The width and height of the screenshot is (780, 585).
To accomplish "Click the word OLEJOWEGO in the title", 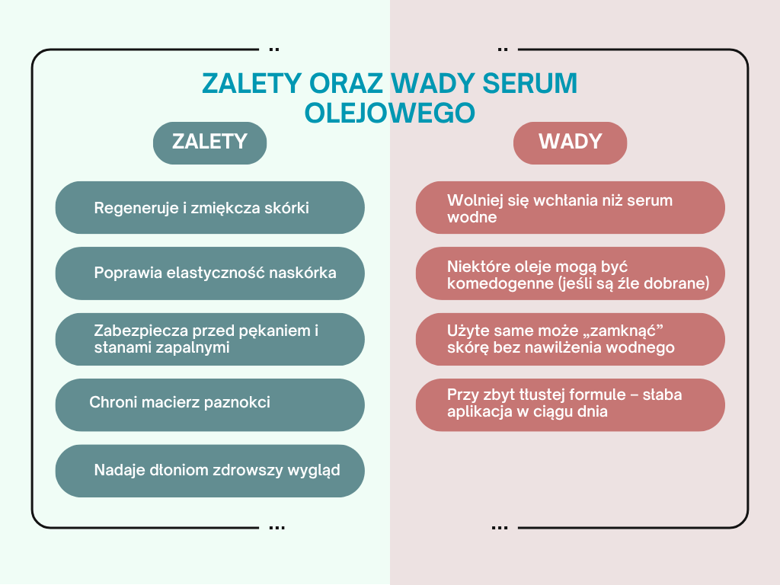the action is (389, 113).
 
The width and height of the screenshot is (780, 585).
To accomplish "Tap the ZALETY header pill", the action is (210, 142).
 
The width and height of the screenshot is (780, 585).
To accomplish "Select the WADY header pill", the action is (570, 142).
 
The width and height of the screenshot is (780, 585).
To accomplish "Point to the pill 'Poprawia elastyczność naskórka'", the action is (210, 273).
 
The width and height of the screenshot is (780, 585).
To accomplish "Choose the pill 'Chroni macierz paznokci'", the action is (210, 405).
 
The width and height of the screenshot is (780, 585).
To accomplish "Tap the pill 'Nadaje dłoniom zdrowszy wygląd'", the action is (210, 471).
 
